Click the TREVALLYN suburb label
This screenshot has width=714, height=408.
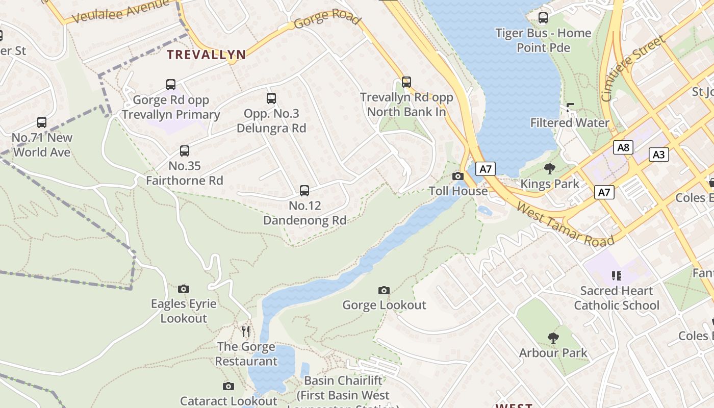tap(207, 55)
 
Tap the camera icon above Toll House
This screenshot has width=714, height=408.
tap(458, 176)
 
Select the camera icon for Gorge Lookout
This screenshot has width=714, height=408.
tap(384, 290)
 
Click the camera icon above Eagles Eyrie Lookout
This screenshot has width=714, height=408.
tap(184, 289)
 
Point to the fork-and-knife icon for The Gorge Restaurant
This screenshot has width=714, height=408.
tap(246, 331)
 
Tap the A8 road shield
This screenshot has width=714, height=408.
tap(623, 148)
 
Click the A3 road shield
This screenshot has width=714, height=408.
tap(658, 154)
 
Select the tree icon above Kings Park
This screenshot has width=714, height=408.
tap(550, 169)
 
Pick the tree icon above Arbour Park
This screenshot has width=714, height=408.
tap(553, 338)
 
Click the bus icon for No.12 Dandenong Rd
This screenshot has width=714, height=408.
tap(304, 191)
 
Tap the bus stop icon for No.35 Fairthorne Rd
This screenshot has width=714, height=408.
tap(185, 151)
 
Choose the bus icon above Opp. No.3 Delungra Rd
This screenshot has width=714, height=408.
tap(271, 98)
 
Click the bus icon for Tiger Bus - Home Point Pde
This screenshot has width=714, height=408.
tap(543, 18)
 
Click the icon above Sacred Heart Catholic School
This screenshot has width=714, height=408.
tap(616, 276)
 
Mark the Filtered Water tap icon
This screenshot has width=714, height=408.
tap(570, 108)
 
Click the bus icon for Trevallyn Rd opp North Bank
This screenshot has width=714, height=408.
tap(406, 82)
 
